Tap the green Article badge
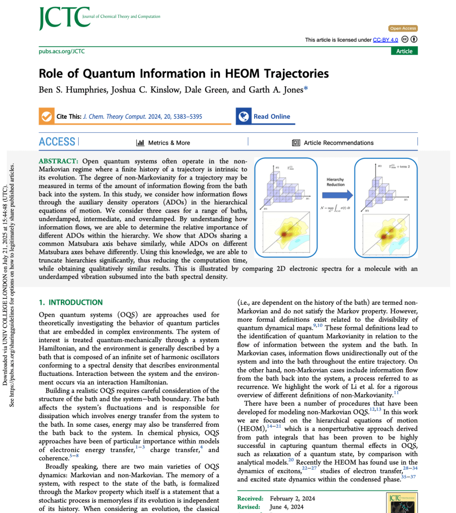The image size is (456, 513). (x=404, y=51)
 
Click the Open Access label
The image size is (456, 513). (x=403, y=28)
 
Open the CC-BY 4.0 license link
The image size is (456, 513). (x=385, y=40)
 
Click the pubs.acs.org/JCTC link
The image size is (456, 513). (x=62, y=52)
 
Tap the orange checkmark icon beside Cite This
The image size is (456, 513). (x=47, y=117)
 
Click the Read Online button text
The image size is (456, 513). (x=271, y=117)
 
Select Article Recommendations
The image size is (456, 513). (x=338, y=143)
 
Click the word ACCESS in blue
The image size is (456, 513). (x=57, y=142)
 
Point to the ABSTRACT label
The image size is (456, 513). (x=59, y=161)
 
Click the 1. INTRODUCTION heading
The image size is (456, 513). (x=71, y=302)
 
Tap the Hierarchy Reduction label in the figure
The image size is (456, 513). (x=335, y=182)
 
